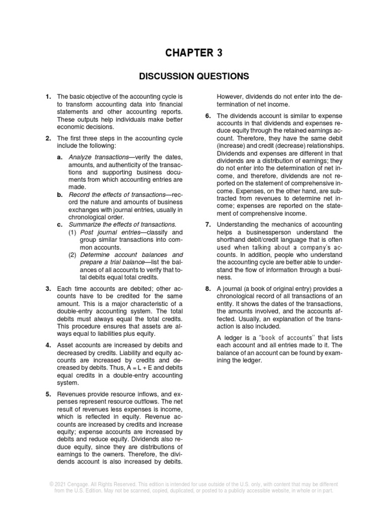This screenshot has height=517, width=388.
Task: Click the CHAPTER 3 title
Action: pos(195,53)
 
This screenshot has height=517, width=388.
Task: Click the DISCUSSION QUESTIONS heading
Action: pos(195,76)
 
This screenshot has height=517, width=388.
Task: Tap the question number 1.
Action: pos(48,96)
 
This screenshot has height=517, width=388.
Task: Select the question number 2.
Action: pos(48,138)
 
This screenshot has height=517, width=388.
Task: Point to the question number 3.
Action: pos(48,289)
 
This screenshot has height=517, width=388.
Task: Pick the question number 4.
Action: pos(48,345)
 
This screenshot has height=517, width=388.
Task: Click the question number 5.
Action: pos(48,393)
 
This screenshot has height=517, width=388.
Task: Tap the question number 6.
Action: pos(208,116)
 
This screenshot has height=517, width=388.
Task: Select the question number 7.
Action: pos(208,224)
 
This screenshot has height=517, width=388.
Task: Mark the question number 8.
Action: pos(208,288)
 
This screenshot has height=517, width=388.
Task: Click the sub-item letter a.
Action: pos(60,157)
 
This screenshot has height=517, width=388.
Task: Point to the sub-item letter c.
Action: pos(60,224)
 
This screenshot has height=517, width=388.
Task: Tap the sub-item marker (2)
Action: pos(73,255)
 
